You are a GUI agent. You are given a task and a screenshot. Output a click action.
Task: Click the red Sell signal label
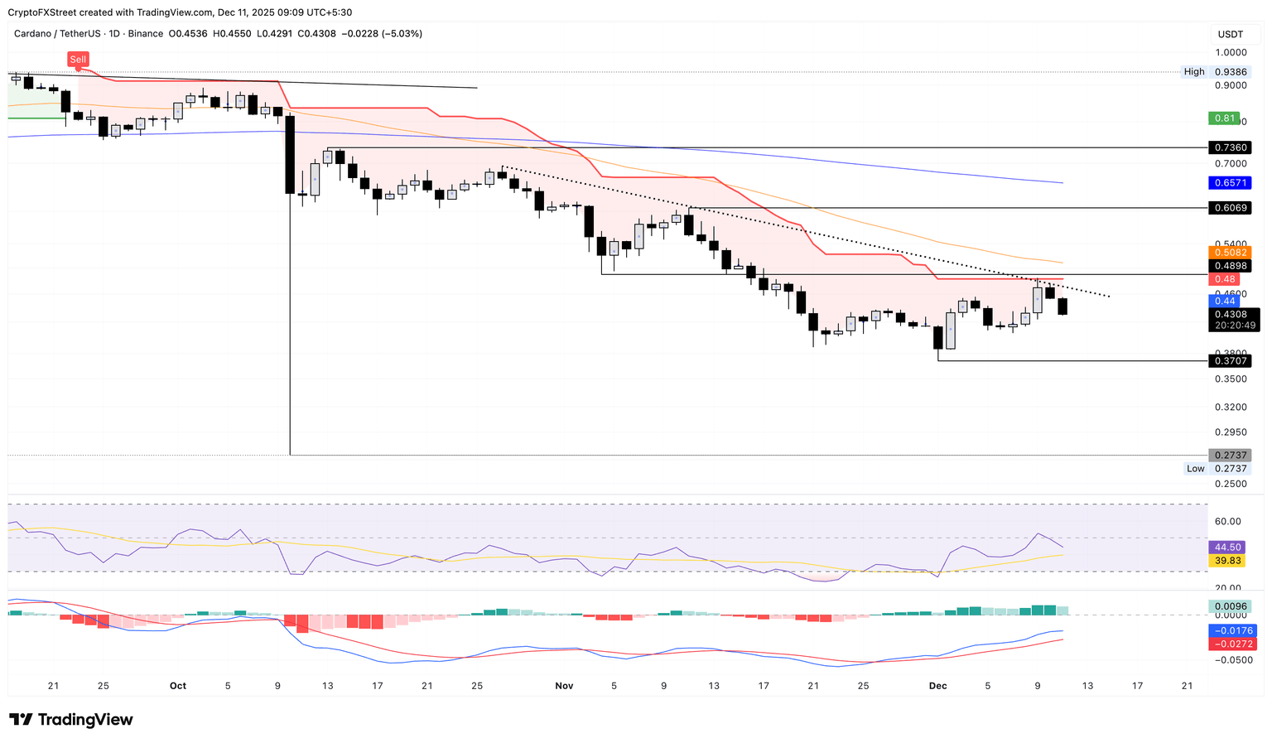(78, 59)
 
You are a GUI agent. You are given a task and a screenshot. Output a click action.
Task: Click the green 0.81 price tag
(1225, 118)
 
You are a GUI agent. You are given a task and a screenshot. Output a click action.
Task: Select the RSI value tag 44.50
(1227, 548)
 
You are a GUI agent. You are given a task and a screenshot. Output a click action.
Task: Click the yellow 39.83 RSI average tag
(1227, 561)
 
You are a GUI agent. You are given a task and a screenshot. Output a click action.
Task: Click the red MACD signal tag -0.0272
(1232, 644)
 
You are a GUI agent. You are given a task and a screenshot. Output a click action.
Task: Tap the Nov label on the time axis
(564, 686)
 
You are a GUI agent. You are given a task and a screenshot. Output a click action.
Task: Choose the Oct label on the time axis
(177, 686)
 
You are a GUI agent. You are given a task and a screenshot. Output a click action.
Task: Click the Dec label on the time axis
(937, 686)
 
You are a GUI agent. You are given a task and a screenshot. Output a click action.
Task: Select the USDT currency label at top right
(1230, 34)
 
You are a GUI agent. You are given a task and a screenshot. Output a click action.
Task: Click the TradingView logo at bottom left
(71, 720)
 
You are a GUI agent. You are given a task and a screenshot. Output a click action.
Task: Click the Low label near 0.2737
(1195, 469)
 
